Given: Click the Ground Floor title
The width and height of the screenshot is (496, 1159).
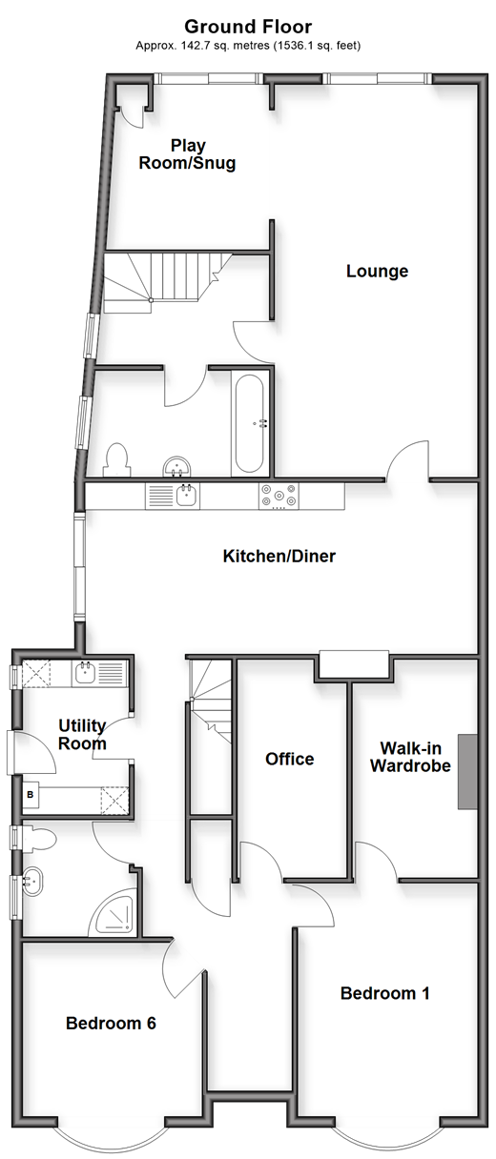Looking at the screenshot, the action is [248, 27].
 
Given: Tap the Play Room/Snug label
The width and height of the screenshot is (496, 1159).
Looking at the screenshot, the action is [187, 154].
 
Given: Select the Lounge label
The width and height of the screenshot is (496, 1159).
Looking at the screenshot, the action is [377, 271].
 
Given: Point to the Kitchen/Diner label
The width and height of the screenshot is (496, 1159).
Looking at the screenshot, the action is [279, 557].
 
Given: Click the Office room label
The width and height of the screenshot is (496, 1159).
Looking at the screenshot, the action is [289, 759].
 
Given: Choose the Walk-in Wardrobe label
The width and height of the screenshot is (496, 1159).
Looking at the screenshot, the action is [410, 757].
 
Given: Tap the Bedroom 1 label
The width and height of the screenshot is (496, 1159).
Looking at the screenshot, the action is [384, 993].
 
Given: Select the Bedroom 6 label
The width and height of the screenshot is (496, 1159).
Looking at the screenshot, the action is [111, 1023].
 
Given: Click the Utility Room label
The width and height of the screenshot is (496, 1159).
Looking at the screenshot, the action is [82, 735].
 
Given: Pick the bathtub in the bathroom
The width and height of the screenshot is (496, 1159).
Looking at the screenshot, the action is [250, 423].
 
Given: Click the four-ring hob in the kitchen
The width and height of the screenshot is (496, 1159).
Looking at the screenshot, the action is [279, 496].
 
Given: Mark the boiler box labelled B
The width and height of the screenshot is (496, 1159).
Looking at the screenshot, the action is [30, 794].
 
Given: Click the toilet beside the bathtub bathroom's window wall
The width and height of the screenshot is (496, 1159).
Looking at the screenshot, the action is [116, 459].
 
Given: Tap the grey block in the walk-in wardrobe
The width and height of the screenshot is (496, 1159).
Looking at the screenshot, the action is [467, 771].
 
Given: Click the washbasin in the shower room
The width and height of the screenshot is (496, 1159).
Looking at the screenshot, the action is [32, 881].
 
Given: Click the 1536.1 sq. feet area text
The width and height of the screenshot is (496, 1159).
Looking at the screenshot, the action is [317, 46].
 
